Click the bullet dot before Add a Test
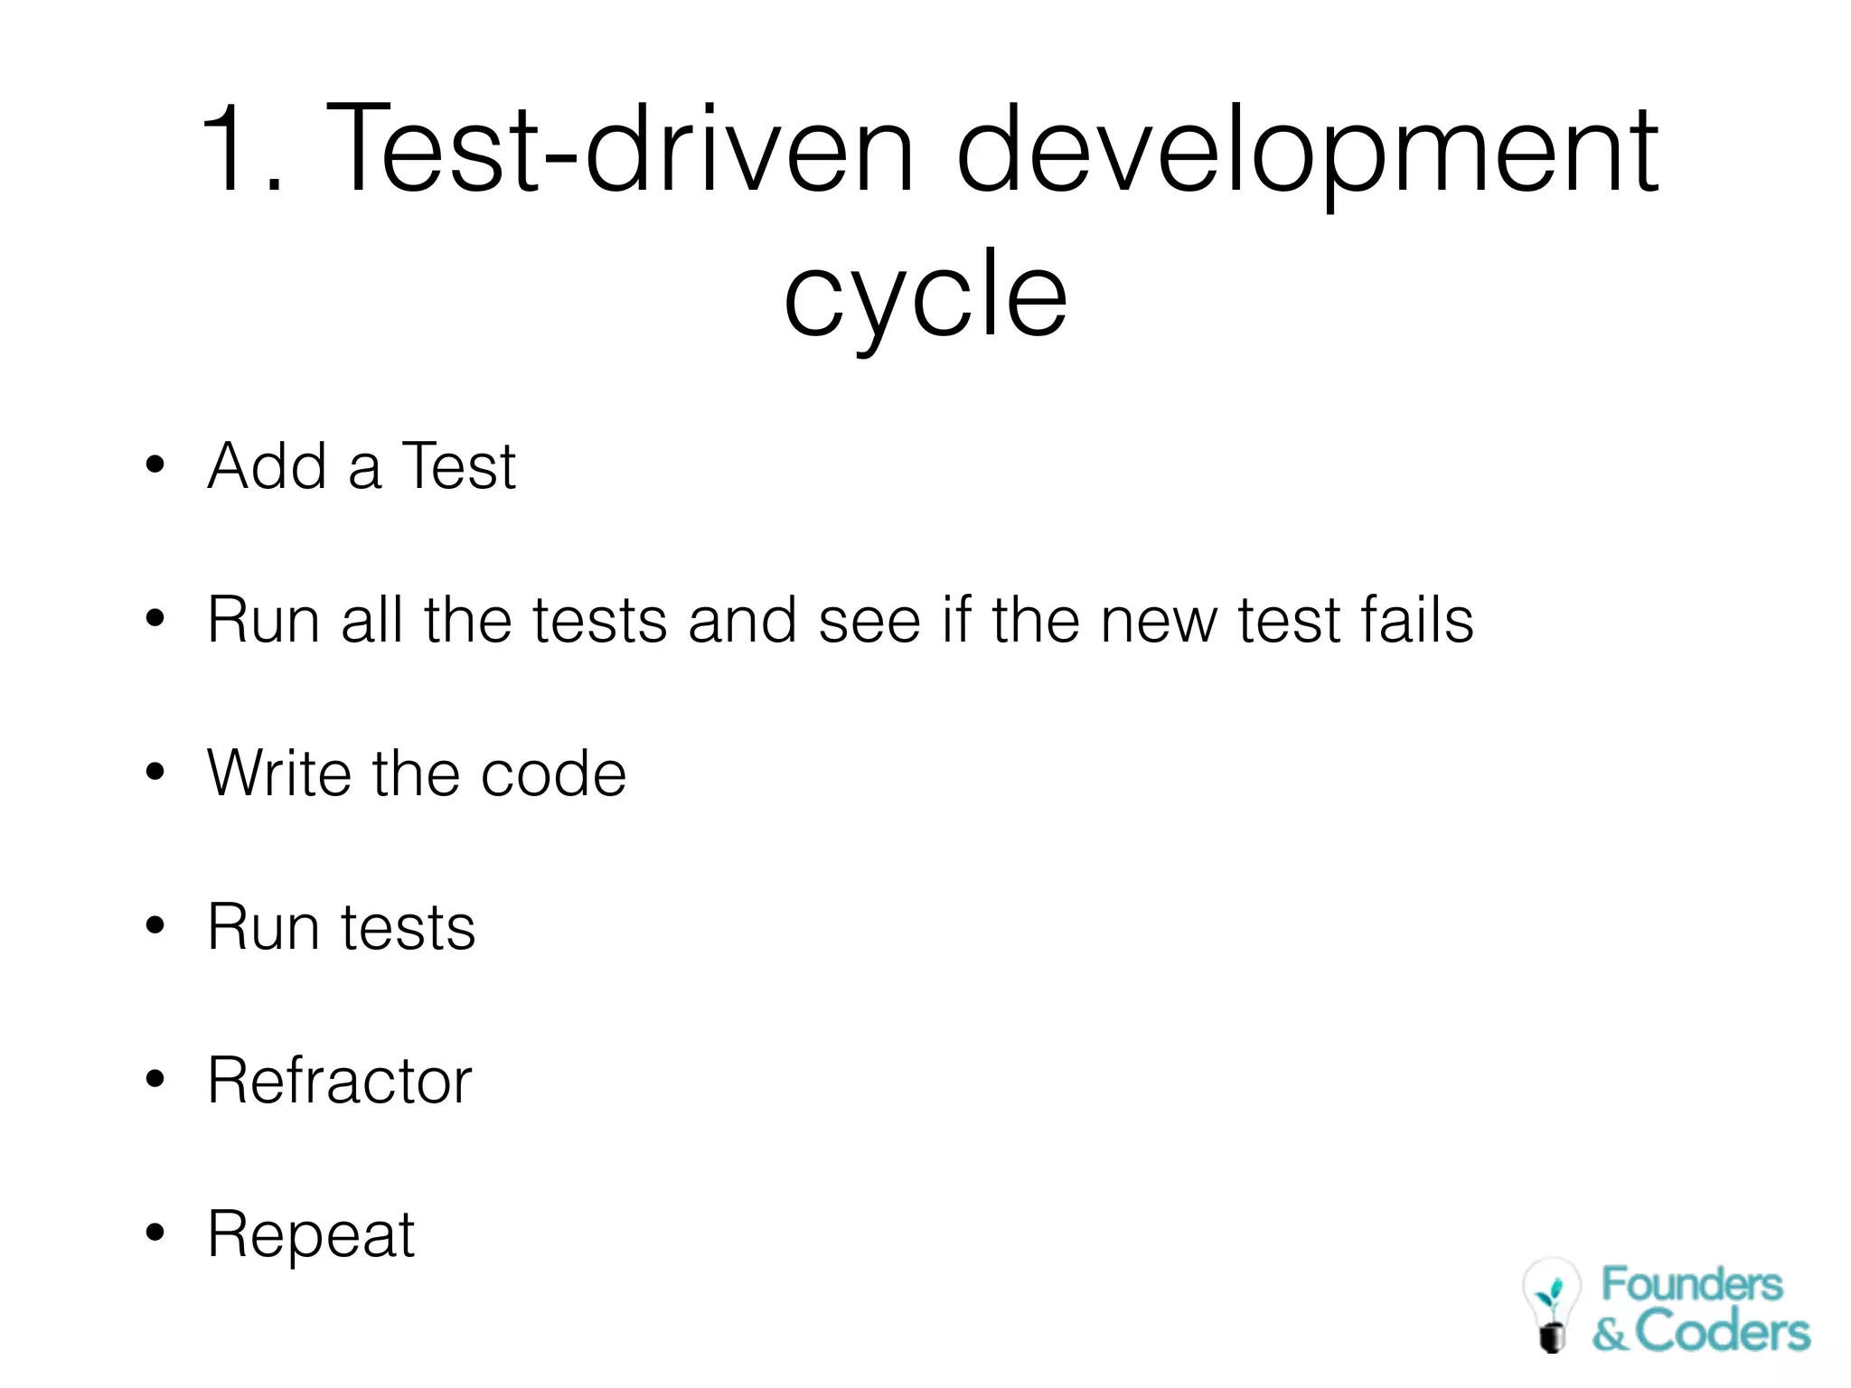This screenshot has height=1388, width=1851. [155, 464]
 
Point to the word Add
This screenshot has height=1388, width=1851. [268, 466]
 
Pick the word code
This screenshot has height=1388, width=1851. [553, 774]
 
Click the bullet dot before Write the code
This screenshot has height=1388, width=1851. [155, 773]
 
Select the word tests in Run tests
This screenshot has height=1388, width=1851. [408, 928]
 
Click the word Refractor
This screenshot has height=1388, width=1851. [340, 1081]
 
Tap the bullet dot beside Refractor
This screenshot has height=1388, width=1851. [155, 1079]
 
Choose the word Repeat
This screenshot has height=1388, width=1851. [311, 1235]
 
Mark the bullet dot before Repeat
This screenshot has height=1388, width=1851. [155, 1233]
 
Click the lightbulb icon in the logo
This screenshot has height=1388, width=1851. [1551, 1304]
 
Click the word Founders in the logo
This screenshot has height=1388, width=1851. [1692, 1284]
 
